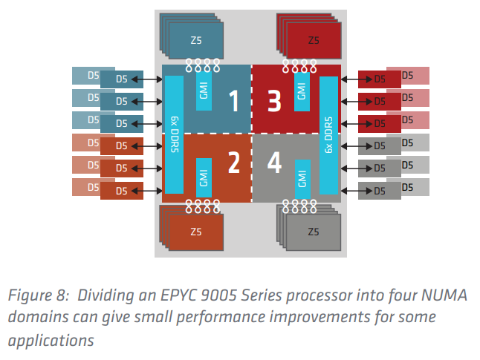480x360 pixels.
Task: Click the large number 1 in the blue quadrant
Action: click(x=233, y=101)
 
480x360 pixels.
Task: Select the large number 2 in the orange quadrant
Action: click(x=233, y=162)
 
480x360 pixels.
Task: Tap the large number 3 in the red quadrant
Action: click(x=273, y=101)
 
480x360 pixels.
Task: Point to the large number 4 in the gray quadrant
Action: click(x=273, y=162)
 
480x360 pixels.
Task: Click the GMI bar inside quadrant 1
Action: click(x=204, y=91)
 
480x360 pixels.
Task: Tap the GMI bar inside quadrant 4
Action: click(x=302, y=178)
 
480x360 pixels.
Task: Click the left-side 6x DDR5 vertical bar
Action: click(x=174, y=134)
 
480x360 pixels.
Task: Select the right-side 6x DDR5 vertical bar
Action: click(x=329, y=134)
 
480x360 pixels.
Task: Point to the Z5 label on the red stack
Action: click(x=314, y=40)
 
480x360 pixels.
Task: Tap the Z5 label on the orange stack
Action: click(x=196, y=232)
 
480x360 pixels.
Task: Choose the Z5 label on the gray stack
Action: click(x=314, y=232)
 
